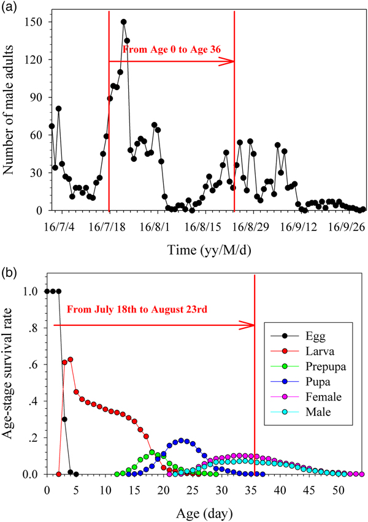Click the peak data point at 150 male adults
click(124, 21)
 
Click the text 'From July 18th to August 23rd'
click(137, 309)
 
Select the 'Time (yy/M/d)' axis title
click(204, 250)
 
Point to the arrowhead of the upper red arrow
click(231, 61)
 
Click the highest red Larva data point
click(71, 359)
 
